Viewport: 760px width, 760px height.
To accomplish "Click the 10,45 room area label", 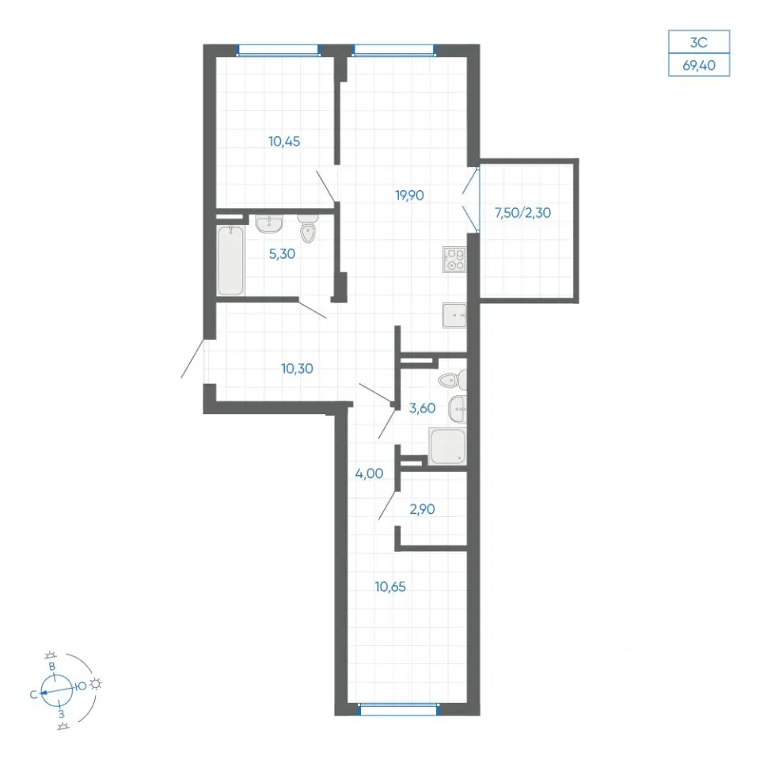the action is pos(284,142).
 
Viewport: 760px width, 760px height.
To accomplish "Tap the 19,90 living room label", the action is pos(409,196).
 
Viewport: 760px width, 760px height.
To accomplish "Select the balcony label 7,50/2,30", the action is pos(522,213).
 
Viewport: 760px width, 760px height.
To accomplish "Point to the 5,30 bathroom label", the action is pos(282,254).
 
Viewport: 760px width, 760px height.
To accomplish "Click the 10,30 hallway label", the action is pos(297,369).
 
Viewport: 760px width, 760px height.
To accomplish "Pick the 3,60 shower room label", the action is pos(422,408).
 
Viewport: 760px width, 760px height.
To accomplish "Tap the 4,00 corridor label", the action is pos(370,473).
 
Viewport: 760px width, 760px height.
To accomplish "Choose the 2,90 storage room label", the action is pos(422,509).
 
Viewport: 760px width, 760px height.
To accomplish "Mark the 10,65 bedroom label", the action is pos(390,587).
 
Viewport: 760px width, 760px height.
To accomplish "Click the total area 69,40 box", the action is pos(699,65).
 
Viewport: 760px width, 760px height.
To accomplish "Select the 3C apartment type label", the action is pos(699,43).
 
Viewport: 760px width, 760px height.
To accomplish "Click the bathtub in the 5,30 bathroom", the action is pos(230,260).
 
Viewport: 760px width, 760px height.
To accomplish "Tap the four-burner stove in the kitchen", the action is pos(454,260).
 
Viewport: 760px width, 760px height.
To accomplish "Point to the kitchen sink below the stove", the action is pos(454,316).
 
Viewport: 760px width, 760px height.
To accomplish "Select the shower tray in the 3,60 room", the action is pos(447,446).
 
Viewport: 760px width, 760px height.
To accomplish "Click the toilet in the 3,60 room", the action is pos(453,379).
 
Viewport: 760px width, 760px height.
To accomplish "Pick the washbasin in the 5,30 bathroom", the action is pos(269,223).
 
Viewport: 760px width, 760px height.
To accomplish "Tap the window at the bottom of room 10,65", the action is pos(398,709).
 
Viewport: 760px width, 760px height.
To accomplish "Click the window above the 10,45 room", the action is pos(278,51).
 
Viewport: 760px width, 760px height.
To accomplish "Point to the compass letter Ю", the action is pos(82,686).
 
